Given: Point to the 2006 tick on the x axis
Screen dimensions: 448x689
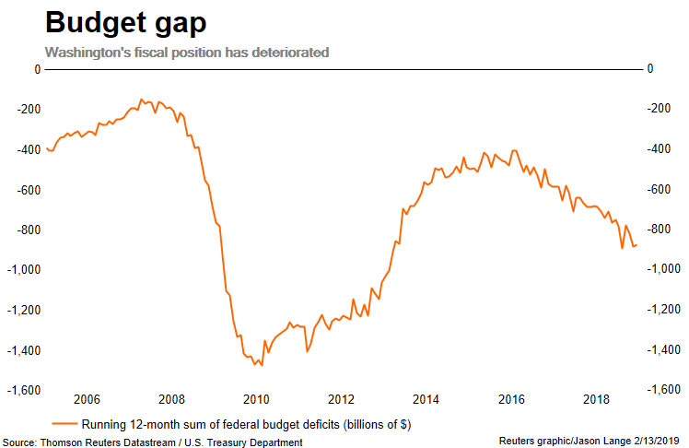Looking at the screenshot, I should [86, 399].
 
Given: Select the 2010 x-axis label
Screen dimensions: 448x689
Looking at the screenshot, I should [255, 399].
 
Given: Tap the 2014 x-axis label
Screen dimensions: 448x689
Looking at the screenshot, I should [425, 399].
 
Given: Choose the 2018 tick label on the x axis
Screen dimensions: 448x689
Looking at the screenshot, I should [597, 399].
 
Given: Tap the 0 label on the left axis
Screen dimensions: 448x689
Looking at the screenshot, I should [37, 69].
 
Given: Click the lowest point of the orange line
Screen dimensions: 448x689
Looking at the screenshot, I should [262, 366].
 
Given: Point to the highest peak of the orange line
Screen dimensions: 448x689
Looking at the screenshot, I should [141, 99].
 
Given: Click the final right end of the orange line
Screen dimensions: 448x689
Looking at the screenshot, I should [636, 244].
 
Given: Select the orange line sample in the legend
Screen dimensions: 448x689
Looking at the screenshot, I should [64, 425].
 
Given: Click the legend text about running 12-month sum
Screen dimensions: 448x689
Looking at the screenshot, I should [245, 425].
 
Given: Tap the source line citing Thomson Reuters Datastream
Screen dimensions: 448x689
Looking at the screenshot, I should [152, 442].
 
